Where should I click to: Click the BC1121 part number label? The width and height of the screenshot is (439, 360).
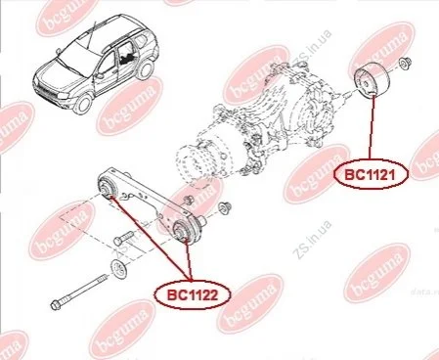tap(370, 175)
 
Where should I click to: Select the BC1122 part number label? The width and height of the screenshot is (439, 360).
tap(192, 295)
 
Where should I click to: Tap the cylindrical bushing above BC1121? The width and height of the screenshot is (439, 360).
tap(371, 79)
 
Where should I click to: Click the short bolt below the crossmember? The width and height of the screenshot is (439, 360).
tap(123, 239)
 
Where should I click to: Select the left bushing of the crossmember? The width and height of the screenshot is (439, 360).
tap(109, 187)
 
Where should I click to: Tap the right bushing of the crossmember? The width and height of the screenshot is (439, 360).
tap(185, 231)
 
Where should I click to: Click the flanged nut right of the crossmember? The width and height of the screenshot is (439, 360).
tap(225, 207)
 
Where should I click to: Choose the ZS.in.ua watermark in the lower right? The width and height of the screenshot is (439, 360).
tap(312, 240)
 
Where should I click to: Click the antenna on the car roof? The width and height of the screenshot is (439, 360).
tap(91, 35)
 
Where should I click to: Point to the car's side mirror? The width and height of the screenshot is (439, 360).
tap(100, 75)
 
